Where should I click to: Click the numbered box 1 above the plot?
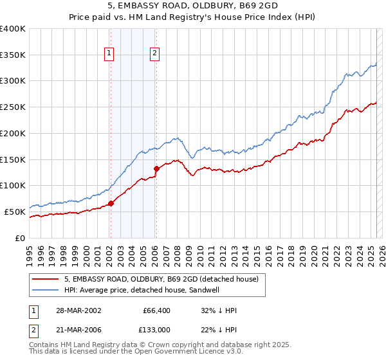[110, 54]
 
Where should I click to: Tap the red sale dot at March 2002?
[111, 203]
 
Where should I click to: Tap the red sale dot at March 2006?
[156, 168]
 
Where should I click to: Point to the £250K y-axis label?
[13, 107]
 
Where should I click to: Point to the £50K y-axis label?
[15, 212]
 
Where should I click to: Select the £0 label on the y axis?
[21, 238]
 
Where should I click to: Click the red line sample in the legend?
[45, 279]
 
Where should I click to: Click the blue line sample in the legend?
[45, 290]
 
